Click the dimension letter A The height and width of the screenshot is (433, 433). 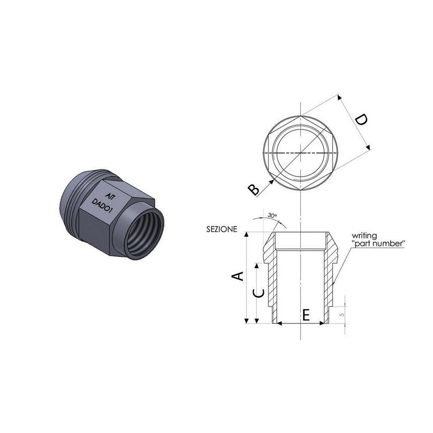pos(238,276)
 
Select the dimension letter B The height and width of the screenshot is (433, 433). pos(254,189)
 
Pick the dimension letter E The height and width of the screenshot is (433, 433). pos(306,315)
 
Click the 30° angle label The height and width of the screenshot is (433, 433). pos(272,216)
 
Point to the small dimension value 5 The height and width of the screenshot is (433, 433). pos(342,315)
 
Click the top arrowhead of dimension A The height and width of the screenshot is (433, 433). pos(246,234)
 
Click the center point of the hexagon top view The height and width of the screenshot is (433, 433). pos(300,152)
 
